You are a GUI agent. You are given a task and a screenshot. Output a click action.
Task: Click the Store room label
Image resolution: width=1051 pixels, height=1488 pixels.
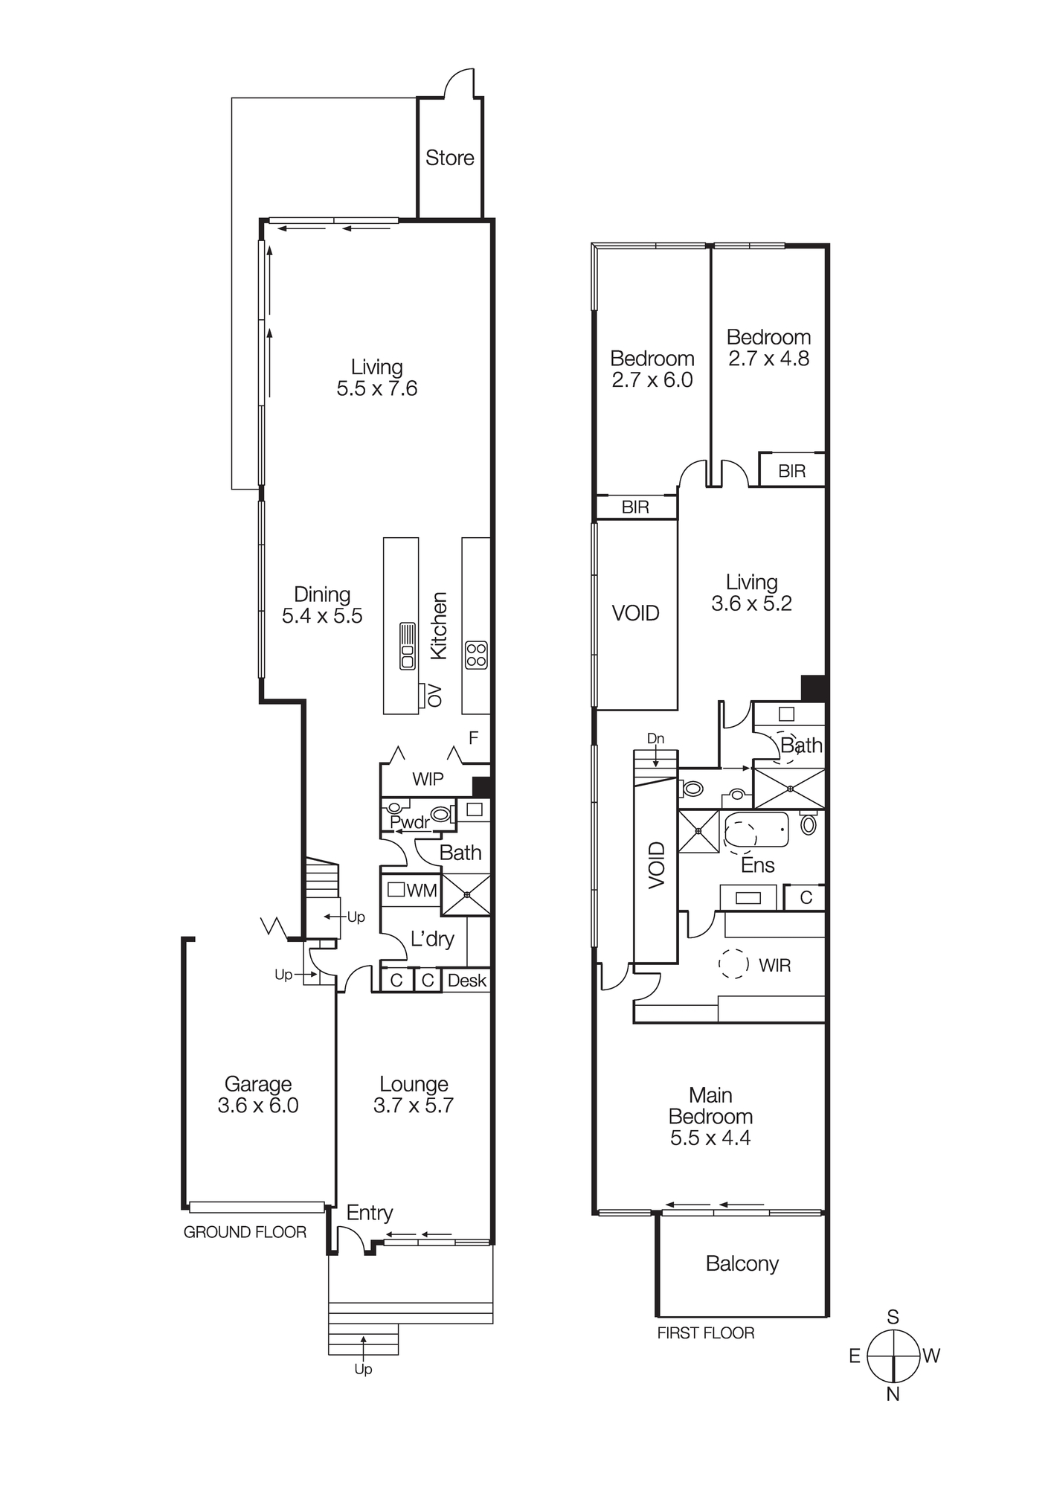(449, 158)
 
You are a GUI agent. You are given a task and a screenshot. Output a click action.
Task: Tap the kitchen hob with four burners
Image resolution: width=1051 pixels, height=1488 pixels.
(476, 655)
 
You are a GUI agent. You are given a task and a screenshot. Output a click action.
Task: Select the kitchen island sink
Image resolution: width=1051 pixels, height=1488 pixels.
(408, 646)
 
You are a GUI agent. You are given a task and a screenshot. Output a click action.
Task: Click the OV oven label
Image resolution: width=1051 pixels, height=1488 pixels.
(436, 696)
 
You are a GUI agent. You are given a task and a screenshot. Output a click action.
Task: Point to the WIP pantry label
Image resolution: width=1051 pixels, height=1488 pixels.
(428, 779)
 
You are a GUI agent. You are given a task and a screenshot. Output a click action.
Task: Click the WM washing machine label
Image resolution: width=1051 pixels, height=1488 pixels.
(422, 891)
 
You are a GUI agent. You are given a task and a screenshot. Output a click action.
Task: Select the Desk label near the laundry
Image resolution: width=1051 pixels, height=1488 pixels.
(466, 981)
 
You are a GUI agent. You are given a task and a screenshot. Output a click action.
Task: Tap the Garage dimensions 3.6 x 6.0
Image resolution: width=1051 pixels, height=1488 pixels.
(258, 1106)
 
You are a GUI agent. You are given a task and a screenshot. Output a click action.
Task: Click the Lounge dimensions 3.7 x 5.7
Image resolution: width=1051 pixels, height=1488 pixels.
(414, 1106)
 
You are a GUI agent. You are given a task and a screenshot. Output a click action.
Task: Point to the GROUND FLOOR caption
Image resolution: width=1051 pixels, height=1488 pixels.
(245, 1232)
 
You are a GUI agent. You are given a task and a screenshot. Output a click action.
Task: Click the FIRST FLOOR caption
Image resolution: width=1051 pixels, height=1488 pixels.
(705, 1333)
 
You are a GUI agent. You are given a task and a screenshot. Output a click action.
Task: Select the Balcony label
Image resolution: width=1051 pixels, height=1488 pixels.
(742, 1264)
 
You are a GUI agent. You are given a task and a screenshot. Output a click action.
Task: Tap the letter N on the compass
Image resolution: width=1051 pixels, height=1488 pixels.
(893, 1394)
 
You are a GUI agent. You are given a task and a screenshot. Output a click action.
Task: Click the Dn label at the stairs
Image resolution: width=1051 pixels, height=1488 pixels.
(655, 739)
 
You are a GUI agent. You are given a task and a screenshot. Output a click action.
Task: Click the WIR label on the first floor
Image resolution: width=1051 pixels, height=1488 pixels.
(774, 966)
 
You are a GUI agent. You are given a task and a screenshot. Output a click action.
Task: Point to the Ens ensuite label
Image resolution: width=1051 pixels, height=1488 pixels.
(758, 865)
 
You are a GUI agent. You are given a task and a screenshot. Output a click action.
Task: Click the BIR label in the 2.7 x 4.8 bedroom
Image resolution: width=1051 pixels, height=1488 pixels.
(791, 471)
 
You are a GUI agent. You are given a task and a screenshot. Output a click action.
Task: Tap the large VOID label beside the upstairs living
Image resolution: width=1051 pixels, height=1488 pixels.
(635, 613)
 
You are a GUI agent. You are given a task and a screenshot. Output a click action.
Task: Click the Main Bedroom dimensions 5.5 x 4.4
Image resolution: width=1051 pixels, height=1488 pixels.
(710, 1138)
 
